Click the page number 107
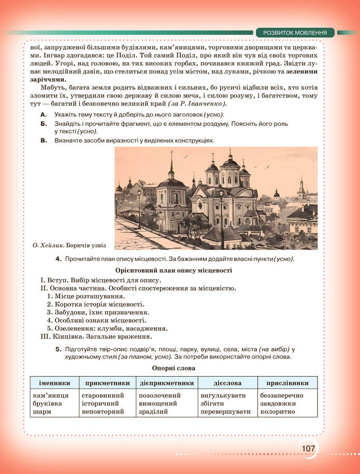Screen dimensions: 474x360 coord(308,448)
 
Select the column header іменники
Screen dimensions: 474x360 coord(54,383)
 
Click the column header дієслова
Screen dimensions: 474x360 coord(227,383)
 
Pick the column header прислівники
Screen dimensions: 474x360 coord(287,383)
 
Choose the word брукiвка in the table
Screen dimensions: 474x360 coord(47,404)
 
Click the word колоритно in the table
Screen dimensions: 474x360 coord(278,412)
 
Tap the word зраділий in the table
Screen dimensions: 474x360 coord(153,412)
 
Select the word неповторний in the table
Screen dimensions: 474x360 coord(103,412)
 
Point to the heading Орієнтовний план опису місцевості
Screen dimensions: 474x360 coord(173,270)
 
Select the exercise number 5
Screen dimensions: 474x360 coord(59,349)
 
